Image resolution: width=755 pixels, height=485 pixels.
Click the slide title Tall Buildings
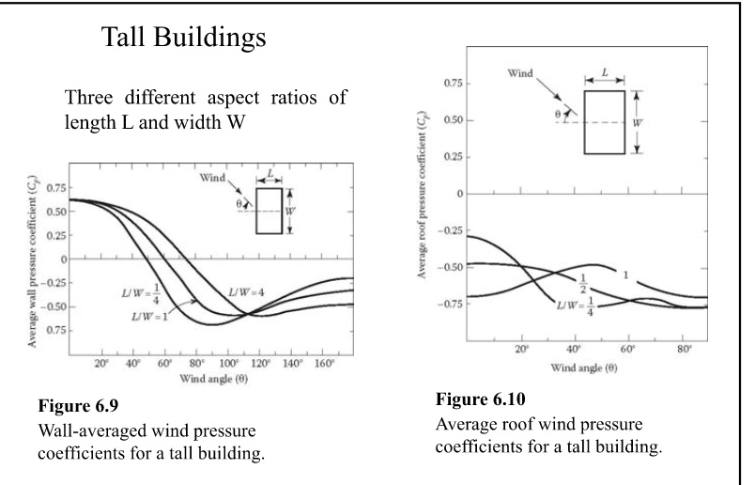click(x=183, y=37)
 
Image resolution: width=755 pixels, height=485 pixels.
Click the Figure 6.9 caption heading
click(x=78, y=405)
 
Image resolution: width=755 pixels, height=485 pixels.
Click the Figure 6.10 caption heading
click(x=481, y=399)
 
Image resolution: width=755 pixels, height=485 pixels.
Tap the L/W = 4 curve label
click(x=246, y=292)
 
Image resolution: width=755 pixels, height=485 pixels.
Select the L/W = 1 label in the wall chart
click(x=149, y=317)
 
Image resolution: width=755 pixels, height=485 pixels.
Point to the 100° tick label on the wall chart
click(x=228, y=364)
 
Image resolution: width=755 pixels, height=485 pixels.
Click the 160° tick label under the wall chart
click(x=325, y=364)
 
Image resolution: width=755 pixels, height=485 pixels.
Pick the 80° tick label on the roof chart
click(x=685, y=349)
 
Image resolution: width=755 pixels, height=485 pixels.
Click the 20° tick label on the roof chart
click(x=521, y=349)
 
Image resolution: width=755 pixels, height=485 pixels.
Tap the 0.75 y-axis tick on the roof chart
click(x=454, y=84)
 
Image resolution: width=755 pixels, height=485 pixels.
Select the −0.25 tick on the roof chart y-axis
click(x=450, y=230)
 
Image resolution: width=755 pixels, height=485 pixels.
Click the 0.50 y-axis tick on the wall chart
click(x=55, y=211)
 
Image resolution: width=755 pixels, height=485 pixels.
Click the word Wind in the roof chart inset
click(x=520, y=73)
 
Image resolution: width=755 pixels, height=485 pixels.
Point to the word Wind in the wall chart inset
click(x=212, y=178)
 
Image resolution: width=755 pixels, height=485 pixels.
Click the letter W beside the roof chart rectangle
click(x=637, y=123)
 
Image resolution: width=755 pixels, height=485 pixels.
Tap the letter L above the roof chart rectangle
click(x=605, y=72)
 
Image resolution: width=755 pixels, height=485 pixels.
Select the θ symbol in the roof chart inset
click(x=558, y=115)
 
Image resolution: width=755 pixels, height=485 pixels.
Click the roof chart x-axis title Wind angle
click(x=584, y=368)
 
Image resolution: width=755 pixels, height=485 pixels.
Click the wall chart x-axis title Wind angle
click(x=214, y=379)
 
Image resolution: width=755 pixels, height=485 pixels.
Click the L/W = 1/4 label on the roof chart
click(x=576, y=306)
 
